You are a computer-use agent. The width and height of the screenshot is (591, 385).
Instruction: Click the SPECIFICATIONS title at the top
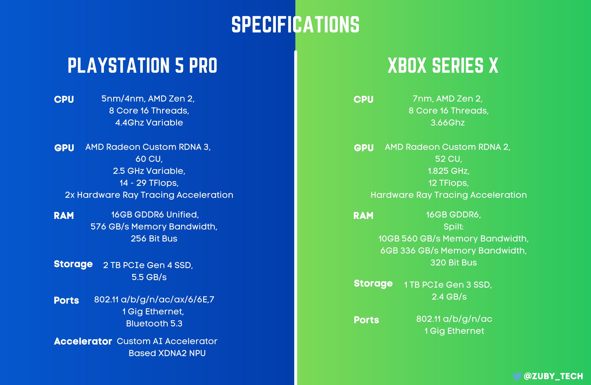coord(295,25)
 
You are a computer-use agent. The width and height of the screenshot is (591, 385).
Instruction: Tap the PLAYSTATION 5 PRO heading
coord(143,65)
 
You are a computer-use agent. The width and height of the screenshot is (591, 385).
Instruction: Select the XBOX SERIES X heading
coord(443,65)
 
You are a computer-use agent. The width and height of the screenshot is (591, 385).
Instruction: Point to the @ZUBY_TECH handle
coord(553,376)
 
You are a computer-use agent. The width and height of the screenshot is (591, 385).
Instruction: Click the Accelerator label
coord(83,341)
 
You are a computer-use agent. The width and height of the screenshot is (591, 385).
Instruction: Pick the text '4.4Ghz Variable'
coord(149,123)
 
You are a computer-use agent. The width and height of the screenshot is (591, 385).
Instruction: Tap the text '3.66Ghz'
coord(448,123)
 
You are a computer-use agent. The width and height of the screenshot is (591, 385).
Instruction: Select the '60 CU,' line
coord(149,159)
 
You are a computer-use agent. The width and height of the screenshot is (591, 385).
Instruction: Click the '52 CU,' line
coord(449,159)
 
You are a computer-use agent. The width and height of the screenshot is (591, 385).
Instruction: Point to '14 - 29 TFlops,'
coord(149,183)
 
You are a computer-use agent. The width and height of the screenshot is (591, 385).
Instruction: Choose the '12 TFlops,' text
coord(449,183)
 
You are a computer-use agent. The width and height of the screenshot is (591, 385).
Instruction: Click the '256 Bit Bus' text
coord(154,238)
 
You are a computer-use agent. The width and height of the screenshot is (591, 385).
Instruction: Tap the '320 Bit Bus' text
coord(454,262)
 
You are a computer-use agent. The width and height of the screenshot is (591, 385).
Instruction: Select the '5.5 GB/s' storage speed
coord(149,277)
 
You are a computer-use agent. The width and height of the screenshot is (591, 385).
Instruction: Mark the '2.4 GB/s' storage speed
coord(449,297)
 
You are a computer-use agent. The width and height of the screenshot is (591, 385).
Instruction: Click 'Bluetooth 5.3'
coord(154,324)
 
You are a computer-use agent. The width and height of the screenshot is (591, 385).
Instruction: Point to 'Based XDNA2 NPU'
coord(167,353)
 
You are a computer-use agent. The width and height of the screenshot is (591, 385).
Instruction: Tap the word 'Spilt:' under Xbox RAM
coord(454,227)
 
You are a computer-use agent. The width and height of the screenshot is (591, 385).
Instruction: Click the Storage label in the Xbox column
coord(373,284)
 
